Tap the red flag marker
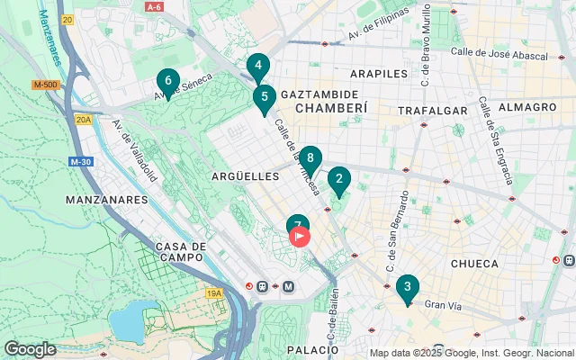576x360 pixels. point(299,236)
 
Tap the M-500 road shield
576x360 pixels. point(45,85)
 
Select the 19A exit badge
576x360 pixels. point(213,292)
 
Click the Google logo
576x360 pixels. point(30,349)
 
